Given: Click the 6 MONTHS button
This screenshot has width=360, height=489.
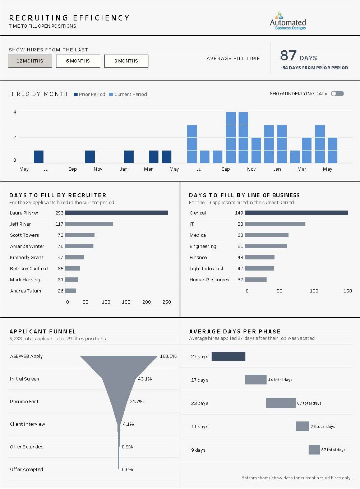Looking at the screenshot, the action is click(x=78, y=61).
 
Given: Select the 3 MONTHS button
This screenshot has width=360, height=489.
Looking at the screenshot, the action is click(x=126, y=61).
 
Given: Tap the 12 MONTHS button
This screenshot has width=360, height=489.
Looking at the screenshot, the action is click(x=30, y=61).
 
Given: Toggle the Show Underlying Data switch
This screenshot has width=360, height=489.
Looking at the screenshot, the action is click(x=337, y=94).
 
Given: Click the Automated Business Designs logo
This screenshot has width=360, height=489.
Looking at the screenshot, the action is click(x=288, y=21).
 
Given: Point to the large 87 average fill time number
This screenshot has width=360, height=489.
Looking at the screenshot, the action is click(x=288, y=55).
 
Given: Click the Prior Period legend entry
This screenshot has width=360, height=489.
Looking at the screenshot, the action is click(x=89, y=94).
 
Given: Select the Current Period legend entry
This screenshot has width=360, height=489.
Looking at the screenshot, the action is click(x=128, y=94).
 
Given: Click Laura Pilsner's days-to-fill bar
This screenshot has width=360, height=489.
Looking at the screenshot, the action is click(x=116, y=213).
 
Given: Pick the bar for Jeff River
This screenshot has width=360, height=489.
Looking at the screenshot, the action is click(x=89, y=224).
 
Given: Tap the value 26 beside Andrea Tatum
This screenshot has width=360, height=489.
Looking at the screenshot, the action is click(x=61, y=291).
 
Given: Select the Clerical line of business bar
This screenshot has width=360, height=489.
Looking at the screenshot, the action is click(x=296, y=213).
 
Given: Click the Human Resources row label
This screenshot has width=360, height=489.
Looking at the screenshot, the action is click(x=209, y=280).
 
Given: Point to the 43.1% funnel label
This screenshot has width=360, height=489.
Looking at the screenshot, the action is click(x=145, y=379).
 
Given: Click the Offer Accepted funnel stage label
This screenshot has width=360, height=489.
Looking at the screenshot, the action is click(x=27, y=469).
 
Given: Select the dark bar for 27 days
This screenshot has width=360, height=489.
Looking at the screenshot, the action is click(x=229, y=356).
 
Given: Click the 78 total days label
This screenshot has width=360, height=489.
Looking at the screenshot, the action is click(x=323, y=426).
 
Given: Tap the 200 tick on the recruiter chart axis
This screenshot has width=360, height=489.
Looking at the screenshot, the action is click(x=147, y=302).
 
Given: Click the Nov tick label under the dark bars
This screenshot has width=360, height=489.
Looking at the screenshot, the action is click(x=98, y=169).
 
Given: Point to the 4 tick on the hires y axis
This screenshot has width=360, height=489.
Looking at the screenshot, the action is click(x=15, y=112).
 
